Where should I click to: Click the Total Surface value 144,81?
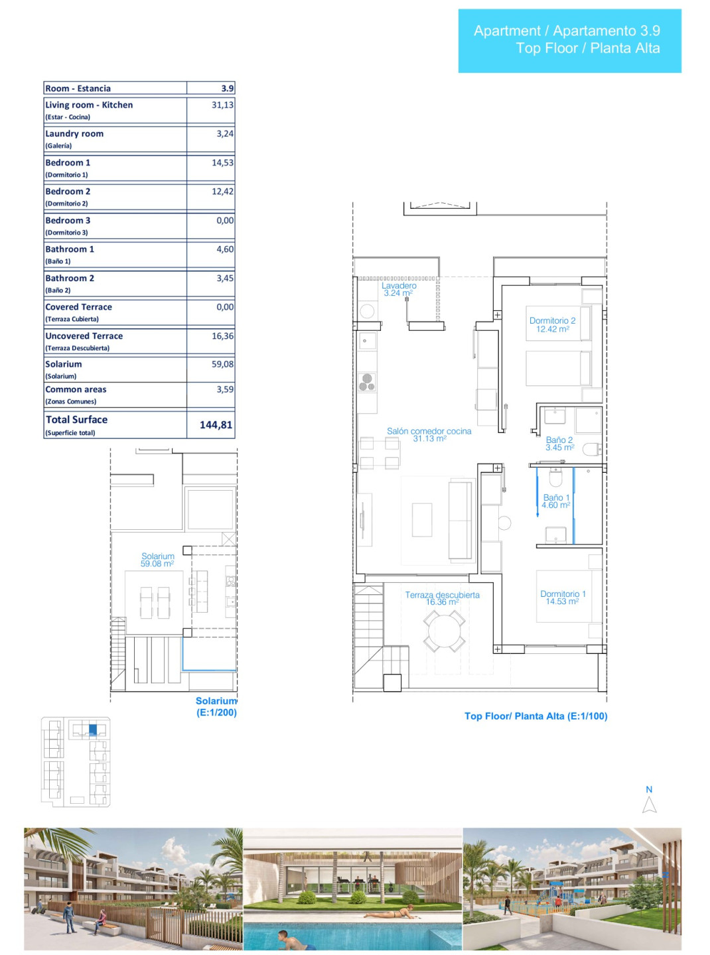tap(216, 425)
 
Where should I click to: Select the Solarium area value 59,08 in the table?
tap(222, 364)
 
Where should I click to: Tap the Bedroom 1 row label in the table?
tap(68, 162)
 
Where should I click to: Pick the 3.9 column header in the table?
tap(228, 88)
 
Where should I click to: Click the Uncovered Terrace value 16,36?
tap(222, 336)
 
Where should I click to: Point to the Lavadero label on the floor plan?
tap(399, 289)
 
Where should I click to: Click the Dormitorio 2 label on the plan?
tap(552, 325)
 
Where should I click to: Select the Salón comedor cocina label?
tap(429, 434)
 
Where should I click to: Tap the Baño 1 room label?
tap(556, 501)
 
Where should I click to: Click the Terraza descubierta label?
tap(443, 598)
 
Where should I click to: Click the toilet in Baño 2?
tap(592, 450)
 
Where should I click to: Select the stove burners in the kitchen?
tap(367, 382)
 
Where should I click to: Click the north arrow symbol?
tap(649, 804)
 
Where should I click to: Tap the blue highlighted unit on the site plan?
tap(93, 730)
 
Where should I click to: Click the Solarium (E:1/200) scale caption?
tap(216, 706)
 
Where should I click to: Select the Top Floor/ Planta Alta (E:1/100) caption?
tap(536, 716)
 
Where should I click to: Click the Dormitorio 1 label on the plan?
tap(563, 597)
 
